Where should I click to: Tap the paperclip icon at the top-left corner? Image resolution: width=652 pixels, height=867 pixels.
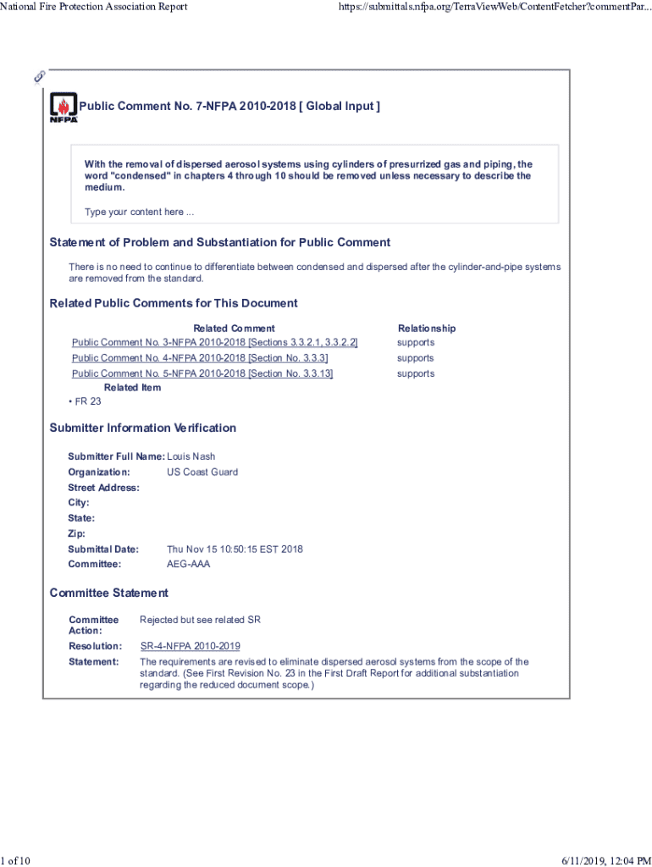pyautogui.click(x=39, y=76)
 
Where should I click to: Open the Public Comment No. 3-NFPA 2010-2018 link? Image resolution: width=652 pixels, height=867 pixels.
pyautogui.click(x=214, y=342)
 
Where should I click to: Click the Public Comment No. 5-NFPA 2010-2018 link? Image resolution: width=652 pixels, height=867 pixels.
pyautogui.click(x=202, y=373)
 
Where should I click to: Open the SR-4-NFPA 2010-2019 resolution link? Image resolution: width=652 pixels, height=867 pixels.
pyautogui.click(x=190, y=646)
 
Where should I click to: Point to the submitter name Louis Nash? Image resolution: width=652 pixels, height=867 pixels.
pyautogui.click(x=191, y=456)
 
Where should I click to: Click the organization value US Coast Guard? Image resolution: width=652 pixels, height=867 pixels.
pyautogui.click(x=202, y=472)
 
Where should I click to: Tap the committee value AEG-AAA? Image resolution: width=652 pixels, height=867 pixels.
pyautogui.click(x=188, y=564)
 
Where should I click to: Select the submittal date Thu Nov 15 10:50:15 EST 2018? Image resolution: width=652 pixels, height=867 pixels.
pyautogui.click(x=235, y=549)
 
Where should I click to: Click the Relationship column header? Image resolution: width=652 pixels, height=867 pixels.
pyautogui.click(x=427, y=328)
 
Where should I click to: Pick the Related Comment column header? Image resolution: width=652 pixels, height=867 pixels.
pyautogui.click(x=234, y=328)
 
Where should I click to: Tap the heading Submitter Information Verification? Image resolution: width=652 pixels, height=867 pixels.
pyautogui.click(x=142, y=428)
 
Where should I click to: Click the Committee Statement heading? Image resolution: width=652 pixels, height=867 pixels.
pyautogui.click(x=108, y=593)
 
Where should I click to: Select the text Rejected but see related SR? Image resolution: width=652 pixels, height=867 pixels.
pyautogui.click(x=200, y=620)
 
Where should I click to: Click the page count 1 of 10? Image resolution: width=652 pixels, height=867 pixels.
pyautogui.click(x=16, y=860)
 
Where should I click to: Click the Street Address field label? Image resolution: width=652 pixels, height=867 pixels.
pyautogui.click(x=103, y=488)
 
